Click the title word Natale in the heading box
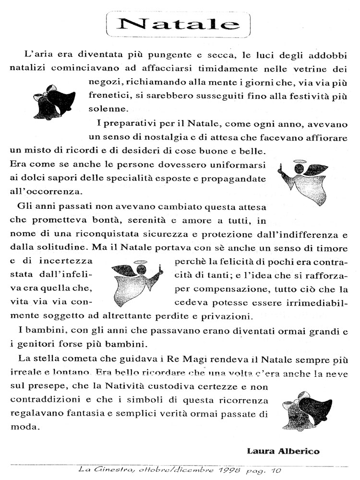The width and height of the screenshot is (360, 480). tap(179, 24)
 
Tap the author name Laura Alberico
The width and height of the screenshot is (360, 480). tap(283, 451)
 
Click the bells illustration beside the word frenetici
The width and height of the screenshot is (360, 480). tap(54, 101)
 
